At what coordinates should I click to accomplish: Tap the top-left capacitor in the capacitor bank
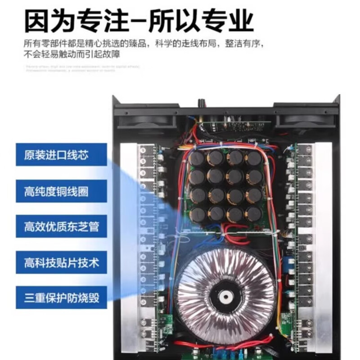pos(197,158)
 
